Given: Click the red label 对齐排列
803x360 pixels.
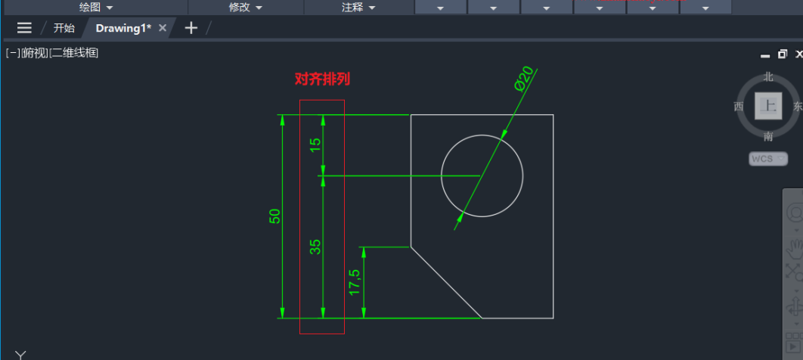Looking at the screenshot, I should [322, 79].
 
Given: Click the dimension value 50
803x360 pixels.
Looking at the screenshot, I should [275, 216].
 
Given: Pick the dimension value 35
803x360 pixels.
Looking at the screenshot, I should [316, 246].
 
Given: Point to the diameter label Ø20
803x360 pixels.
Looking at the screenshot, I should [524, 79].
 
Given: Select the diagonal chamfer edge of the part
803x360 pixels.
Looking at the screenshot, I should [445, 282].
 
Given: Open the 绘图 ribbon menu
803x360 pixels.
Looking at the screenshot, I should [95, 7].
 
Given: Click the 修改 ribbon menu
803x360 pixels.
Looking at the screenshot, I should [245, 7].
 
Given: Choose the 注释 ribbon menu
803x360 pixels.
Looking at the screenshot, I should [358, 7].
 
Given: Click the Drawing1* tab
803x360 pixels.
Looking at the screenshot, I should [122, 28].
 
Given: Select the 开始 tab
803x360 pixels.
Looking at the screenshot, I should [64, 28].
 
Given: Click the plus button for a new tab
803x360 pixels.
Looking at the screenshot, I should [191, 28].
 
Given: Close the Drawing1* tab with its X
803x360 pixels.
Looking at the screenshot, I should [163, 28].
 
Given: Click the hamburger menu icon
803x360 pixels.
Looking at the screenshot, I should [24, 28].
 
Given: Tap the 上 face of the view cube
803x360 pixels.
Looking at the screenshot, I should [768, 106].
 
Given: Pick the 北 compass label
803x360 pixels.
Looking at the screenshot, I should [768, 76].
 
